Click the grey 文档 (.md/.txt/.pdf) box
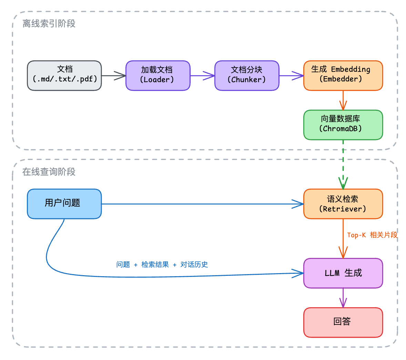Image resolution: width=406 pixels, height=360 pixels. pyautogui.click(x=64, y=76)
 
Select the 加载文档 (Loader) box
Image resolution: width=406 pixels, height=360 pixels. pyautogui.click(x=158, y=76)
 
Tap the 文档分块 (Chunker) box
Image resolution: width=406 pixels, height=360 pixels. pyautogui.click(x=247, y=76)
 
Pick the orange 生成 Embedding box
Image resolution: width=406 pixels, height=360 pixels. pyautogui.click(x=343, y=76)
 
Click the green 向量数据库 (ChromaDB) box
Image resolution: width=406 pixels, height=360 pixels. pyautogui.click(x=343, y=125)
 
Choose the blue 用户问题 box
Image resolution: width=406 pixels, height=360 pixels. pyautogui.click(x=64, y=204)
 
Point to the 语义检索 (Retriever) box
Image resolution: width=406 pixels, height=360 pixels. pyautogui.click(x=343, y=204)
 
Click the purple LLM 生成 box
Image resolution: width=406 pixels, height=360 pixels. pyautogui.click(x=343, y=273)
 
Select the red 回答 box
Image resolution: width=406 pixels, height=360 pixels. pyautogui.click(x=343, y=322)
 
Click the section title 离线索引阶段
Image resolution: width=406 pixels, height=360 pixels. pyautogui.click(x=49, y=23)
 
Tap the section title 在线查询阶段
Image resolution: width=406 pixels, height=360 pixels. pyautogui.click(x=49, y=172)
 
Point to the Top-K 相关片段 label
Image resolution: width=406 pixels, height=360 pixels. pyautogui.click(x=372, y=235)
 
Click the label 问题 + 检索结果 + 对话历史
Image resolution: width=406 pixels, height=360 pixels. pyautogui.click(x=162, y=264)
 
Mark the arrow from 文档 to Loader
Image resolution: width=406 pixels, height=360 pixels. pyautogui.click(x=113, y=76)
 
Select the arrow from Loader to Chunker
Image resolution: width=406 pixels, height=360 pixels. pyautogui.click(x=202, y=76)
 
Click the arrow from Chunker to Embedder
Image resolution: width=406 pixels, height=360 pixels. pyautogui.click(x=291, y=76)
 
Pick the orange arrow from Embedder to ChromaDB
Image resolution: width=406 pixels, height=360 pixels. pyautogui.click(x=343, y=100)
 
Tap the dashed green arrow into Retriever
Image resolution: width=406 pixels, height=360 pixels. pyautogui.click(x=343, y=164)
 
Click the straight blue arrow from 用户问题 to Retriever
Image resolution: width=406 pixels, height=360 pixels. pyautogui.click(x=202, y=204)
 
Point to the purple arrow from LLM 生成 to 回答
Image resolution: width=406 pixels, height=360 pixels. pyautogui.click(x=343, y=298)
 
